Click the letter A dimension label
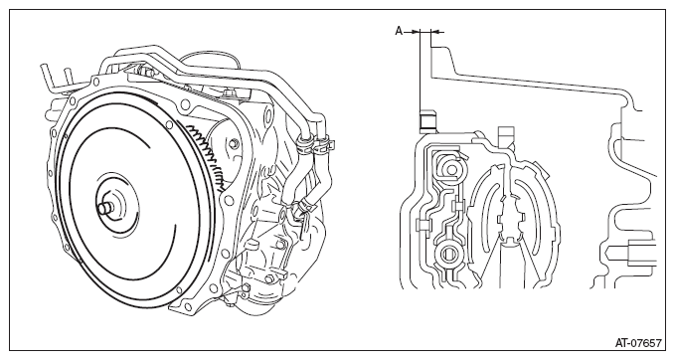pyautogui.click(x=399, y=31)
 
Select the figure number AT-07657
pyautogui.click(x=638, y=343)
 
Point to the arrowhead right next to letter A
pyautogui.click(x=415, y=32)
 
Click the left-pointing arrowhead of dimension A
pyautogui.click(x=434, y=32)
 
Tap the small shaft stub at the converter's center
pyautogui.click(x=103, y=209)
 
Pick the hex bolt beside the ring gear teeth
pyautogui.click(x=234, y=143)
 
